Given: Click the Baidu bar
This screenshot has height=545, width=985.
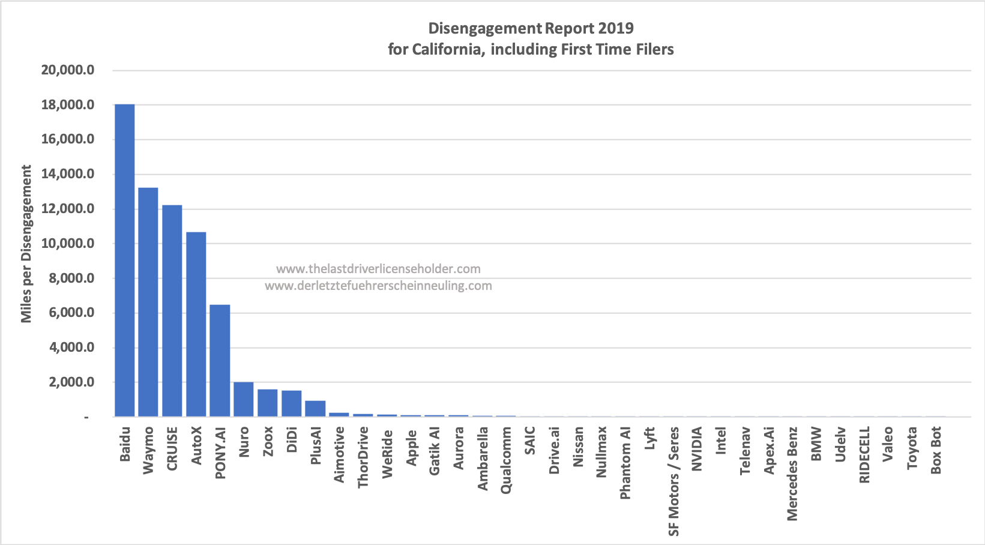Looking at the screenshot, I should [124, 260].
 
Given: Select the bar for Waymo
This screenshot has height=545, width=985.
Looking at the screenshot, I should [148, 302].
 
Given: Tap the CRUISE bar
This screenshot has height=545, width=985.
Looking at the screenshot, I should [172, 311].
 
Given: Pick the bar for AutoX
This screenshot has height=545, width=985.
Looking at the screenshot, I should [196, 324].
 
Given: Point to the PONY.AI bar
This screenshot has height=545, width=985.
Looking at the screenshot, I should [220, 361].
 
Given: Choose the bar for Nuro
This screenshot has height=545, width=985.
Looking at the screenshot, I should [244, 399].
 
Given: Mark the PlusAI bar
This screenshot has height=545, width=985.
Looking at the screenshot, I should [315, 409].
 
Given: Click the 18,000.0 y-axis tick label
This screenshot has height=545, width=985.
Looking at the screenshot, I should [68, 105].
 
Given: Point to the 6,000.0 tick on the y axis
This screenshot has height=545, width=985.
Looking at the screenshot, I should [68, 313].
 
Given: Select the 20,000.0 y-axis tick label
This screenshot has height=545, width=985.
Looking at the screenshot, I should [68, 70].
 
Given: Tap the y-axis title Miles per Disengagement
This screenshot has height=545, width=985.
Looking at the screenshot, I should [26, 244].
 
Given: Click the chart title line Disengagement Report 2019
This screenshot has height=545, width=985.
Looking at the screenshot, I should [531, 28].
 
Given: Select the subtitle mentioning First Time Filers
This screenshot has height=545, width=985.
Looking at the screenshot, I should [531, 49].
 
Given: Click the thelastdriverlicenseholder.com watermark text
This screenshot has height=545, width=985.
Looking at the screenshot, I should [378, 269].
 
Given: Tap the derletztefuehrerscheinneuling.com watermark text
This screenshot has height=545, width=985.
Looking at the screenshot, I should [378, 286].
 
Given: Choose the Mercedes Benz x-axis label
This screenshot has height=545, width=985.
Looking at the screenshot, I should [792, 474].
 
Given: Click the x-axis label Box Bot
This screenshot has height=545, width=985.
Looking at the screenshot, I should [936, 450].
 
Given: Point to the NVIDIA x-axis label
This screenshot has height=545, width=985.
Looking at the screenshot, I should [697, 449].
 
